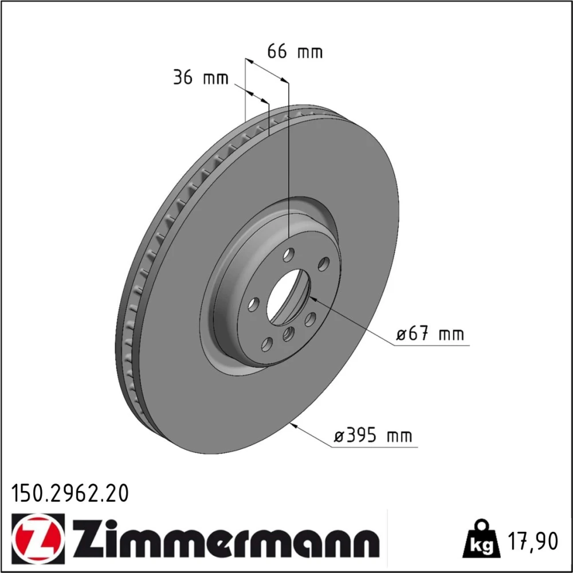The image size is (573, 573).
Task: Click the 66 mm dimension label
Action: pos(295,52)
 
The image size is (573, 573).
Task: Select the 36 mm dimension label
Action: pos(201,77)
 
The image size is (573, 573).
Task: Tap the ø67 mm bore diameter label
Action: pos(430,334)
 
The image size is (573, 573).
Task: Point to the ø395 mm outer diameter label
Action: pos(373,435)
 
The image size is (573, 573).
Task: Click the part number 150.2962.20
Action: pos(70,493)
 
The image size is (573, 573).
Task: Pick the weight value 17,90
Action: pos(533,541)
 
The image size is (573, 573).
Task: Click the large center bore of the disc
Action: pos(288,296)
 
